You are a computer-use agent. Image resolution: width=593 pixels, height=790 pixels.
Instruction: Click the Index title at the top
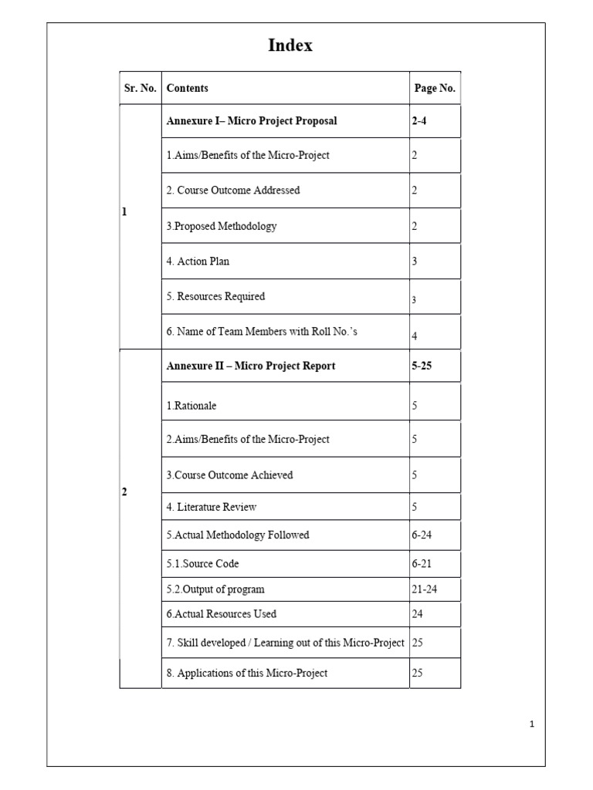pyautogui.click(x=290, y=46)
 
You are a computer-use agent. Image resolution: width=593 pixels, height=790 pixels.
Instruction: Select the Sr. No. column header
pyautogui.click(x=140, y=89)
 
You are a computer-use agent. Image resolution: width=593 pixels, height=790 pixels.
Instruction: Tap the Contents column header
pyautogui.click(x=188, y=89)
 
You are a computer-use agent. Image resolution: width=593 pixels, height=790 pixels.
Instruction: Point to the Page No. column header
pyautogui.click(x=435, y=89)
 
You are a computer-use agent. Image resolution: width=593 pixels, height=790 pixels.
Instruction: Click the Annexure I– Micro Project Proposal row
pyautogui.click(x=252, y=121)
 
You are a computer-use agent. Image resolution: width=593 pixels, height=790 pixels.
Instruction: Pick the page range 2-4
pyautogui.click(x=419, y=121)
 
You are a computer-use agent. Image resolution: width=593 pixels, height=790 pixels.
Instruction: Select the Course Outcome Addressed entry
pyautogui.click(x=233, y=190)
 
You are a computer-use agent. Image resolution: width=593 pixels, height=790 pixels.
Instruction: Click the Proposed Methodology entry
pyautogui.click(x=222, y=226)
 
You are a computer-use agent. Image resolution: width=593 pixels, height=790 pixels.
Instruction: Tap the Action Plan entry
pyautogui.click(x=198, y=262)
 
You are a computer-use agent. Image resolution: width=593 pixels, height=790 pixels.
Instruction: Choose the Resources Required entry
pyautogui.click(x=215, y=296)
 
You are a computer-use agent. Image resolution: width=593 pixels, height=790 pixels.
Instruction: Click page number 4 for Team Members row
pyautogui.click(x=415, y=336)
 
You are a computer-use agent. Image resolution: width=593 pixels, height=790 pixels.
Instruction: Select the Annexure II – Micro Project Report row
pyautogui.click(x=251, y=366)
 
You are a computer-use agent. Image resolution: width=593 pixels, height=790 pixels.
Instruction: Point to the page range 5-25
pyautogui.click(x=422, y=366)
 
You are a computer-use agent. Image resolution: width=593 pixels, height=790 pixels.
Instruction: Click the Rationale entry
pyautogui.click(x=191, y=406)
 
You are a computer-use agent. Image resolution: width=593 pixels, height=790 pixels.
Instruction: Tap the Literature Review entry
pyautogui.click(x=212, y=507)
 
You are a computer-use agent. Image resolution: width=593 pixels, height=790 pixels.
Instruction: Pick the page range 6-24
pyautogui.click(x=422, y=535)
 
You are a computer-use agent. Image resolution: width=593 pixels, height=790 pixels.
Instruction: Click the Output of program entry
pyautogui.click(x=215, y=589)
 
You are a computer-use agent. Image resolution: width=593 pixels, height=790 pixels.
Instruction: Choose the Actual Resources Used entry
pyautogui.click(x=222, y=614)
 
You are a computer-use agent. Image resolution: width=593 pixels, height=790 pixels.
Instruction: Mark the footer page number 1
pyautogui.click(x=532, y=724)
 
